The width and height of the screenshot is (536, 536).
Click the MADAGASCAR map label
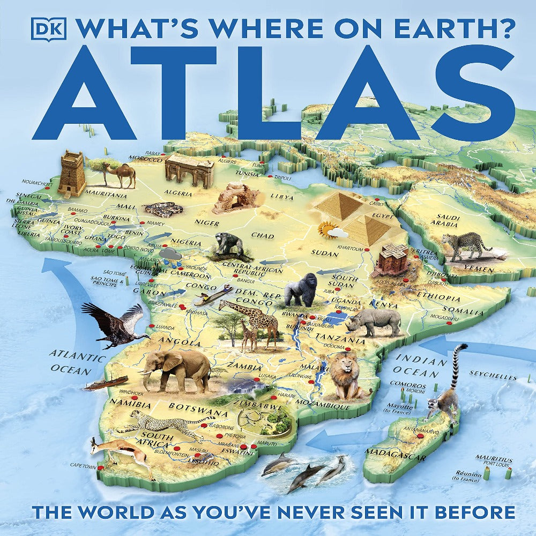click(x=396, y=455)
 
